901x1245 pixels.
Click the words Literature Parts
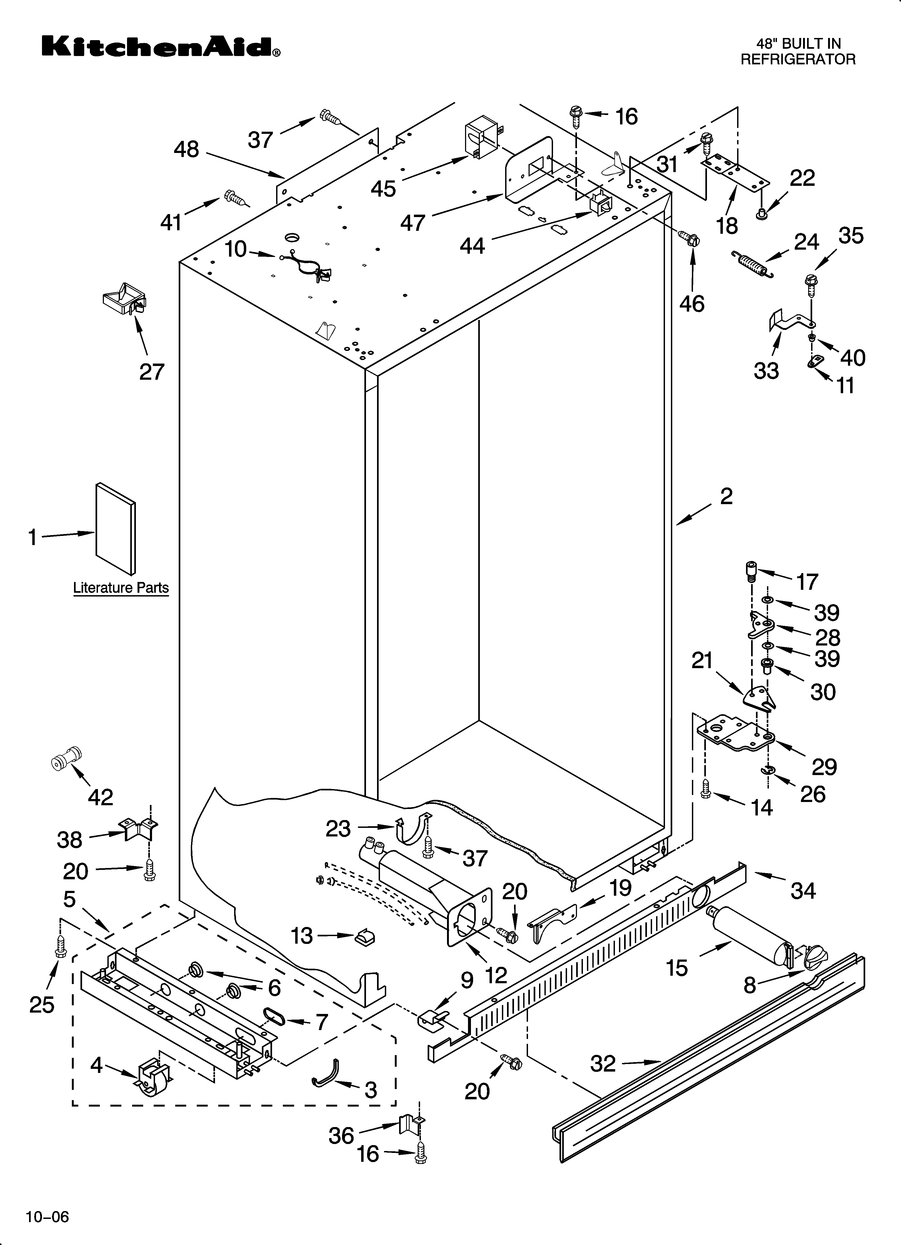click(x=121, y=588)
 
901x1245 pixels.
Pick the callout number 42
click(x=100, y=797)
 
